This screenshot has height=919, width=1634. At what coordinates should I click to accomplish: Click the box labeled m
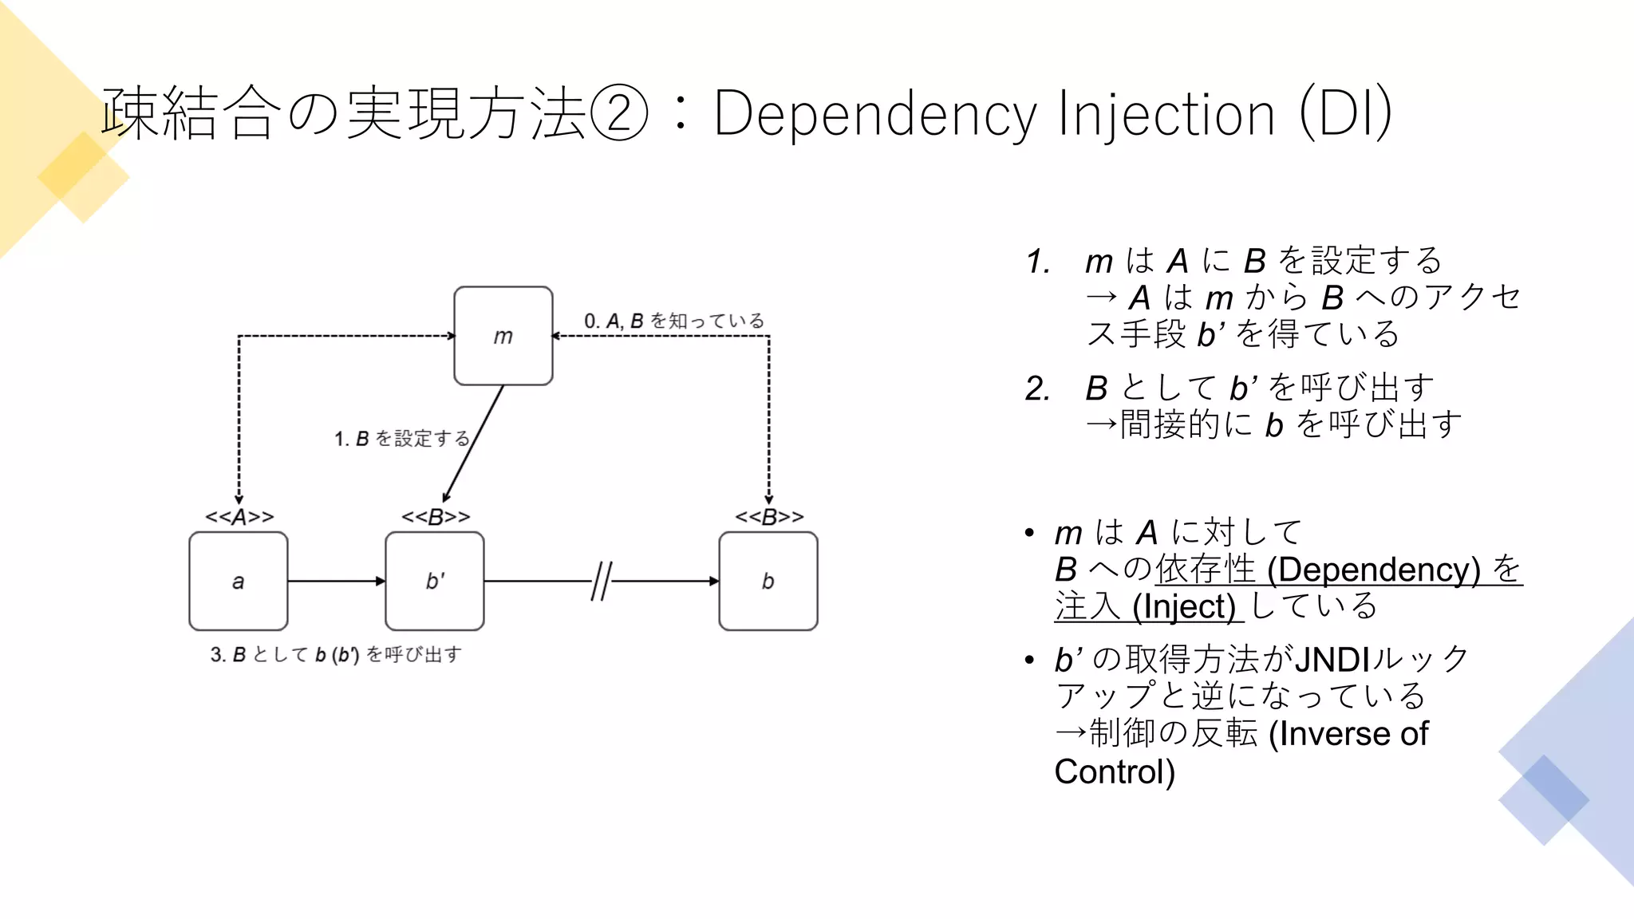coord(503,336)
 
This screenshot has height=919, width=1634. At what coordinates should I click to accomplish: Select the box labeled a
coord(238,581)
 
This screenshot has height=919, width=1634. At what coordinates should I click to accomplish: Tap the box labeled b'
coord(434,581)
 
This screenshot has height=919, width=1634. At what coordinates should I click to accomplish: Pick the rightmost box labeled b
coord(768,581)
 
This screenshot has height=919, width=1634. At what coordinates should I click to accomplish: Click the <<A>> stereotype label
coord(239,517)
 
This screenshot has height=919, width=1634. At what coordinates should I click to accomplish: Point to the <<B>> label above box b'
coord(435,517)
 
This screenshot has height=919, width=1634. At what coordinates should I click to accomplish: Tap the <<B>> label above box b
coord(768,517)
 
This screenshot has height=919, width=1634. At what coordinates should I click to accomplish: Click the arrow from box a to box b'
coord(336,581)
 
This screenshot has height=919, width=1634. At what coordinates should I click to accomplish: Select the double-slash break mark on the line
coord(602,581)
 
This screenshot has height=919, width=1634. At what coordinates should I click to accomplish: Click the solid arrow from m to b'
coord(474,443)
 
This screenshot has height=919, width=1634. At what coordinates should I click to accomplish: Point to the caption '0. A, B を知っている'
coord(674,321)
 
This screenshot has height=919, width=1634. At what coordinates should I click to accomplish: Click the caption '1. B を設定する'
coord(401,439)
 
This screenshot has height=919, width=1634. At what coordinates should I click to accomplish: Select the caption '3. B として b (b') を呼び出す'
coord(336,655)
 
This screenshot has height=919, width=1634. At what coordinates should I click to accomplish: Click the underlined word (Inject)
coord(1184,606)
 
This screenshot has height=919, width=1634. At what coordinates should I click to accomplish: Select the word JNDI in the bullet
coord(1331,660)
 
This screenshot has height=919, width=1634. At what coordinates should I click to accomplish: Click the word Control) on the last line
coord(1114,771)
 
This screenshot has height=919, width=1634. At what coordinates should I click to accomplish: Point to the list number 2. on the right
coord(1037,389)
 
